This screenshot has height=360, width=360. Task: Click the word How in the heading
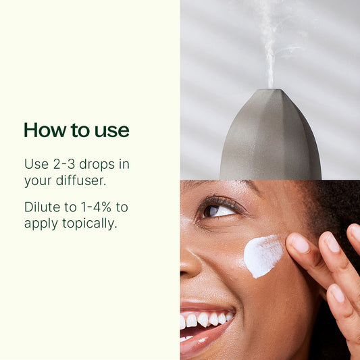click(45, 130)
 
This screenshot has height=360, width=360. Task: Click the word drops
click(97, 165)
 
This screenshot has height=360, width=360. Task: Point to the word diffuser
click(81, 180)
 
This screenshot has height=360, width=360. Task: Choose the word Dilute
click(43, 207)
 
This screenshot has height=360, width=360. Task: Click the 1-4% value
click(96, 207)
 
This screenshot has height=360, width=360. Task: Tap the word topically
click(90, 224)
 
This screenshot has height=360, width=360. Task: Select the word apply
click(41, 224)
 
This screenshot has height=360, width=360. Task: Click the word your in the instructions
click(38, 181)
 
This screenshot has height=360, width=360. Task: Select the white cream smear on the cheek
click(263, 255)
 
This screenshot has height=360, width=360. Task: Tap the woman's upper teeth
click(205, 319)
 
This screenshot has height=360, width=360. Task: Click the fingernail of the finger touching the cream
click(300, 243)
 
